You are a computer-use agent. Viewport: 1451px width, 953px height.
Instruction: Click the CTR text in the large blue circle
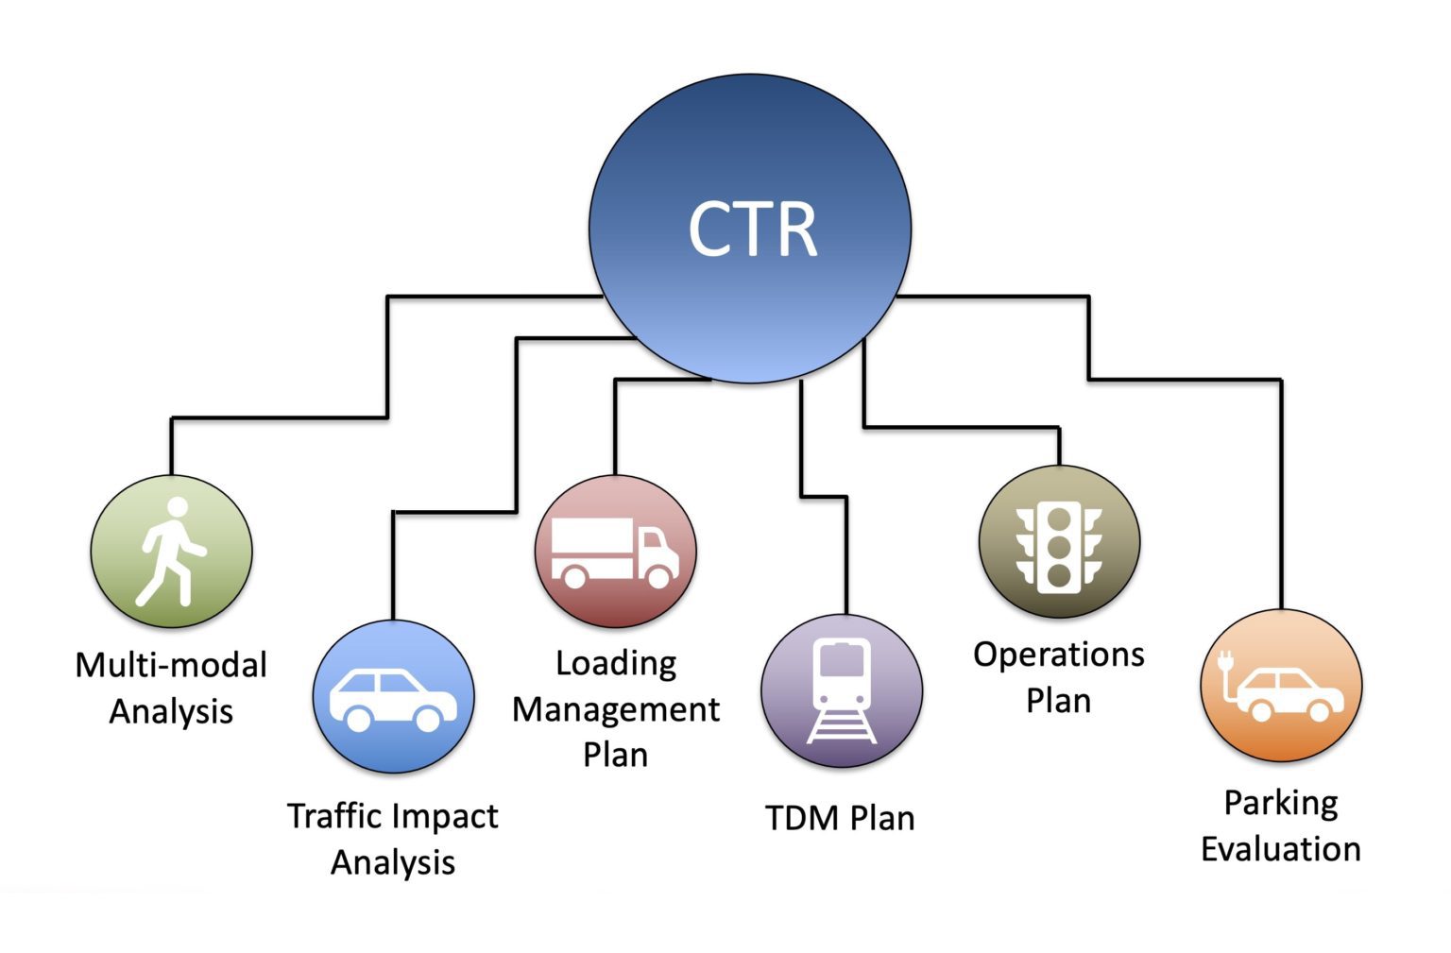[x=752, y=230]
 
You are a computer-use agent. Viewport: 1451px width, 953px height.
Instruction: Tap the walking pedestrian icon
[x=170, y=552]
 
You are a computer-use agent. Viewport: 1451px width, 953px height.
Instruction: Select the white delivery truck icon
[x=614, y=553]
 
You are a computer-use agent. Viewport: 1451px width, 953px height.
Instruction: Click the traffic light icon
[x=1059, y=547]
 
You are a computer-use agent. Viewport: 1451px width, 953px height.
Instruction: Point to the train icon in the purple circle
[x=842, y=690]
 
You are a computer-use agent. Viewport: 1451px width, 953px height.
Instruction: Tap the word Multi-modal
[x=171, y=665]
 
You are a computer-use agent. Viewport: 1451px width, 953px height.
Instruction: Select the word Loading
[x=616, y=663]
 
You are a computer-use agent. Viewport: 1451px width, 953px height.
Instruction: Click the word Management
[x=616, y=709]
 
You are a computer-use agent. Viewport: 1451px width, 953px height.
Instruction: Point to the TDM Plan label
[x=840, y=818]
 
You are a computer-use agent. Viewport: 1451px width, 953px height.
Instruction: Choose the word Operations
[x=1059, y=655]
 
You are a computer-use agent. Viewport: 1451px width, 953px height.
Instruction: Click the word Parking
[x=1281, y=803]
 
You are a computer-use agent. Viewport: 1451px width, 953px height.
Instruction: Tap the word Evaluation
[x=1281, y=849]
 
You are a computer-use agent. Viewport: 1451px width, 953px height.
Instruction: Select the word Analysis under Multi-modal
[x=171, y=711]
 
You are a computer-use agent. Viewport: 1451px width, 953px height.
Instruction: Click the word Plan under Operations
[x=1059, y=701]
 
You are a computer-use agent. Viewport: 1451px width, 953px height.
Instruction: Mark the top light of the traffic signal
[x=1059, y=518]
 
